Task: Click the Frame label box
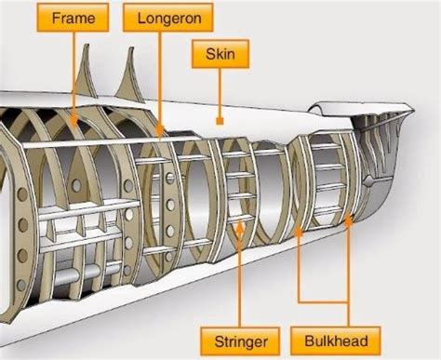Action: [x=73, y=17]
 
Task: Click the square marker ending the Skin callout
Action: [x=217, y=121]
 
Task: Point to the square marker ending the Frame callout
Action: [x=73, y=119]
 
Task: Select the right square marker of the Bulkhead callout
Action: [x=349, y=220]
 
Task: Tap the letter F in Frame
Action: [x=53, y=17]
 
